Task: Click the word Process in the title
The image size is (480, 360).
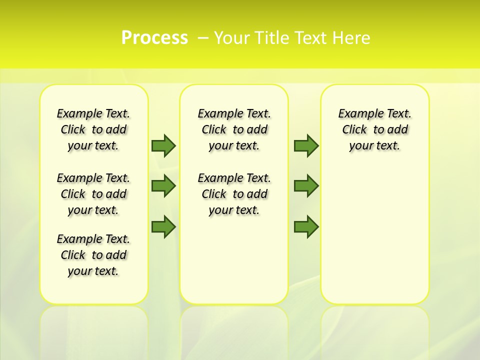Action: pos(154,38)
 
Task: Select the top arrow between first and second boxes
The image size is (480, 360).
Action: pos(163,145)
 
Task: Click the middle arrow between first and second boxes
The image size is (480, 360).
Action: pos(163,186)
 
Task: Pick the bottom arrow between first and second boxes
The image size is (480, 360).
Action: pos(163,226)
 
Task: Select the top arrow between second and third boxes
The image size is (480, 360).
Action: pos(306,145)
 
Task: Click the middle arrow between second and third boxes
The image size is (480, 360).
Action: pos(306,186)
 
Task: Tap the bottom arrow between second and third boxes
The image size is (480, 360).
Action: pos(306,226)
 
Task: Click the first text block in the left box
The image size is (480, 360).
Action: pos(93,129)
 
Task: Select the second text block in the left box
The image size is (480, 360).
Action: pos(93,194)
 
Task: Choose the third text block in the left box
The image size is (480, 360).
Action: pos(93,255)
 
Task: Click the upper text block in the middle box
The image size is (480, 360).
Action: pos(234,129)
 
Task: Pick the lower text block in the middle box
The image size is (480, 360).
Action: pos(234,194)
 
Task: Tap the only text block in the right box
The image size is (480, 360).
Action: pos(375,129)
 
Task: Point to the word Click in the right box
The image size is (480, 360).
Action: pos(354,130)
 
